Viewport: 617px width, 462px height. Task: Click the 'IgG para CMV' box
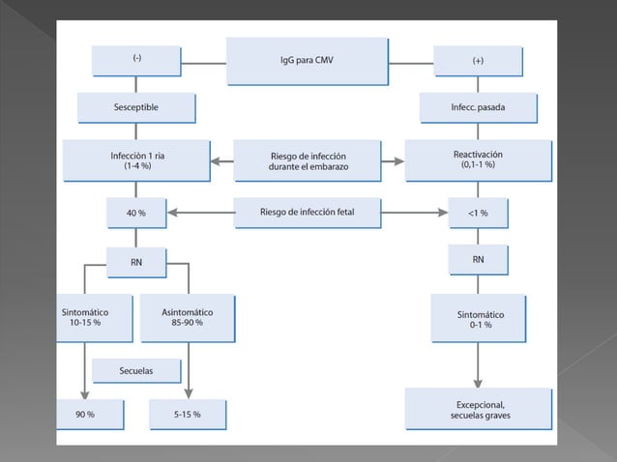302,60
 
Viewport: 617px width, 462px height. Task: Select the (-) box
137,60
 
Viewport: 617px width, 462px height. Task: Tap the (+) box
478,60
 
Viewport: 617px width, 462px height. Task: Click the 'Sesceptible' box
137,107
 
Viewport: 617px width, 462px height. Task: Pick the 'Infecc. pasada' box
478,107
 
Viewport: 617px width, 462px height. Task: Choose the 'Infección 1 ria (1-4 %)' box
137,159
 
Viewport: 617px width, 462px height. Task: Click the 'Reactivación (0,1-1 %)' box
478,159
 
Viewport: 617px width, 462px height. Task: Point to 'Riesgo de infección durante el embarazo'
307,159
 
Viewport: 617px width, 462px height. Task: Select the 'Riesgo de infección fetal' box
307,213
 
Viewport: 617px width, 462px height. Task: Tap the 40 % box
136,213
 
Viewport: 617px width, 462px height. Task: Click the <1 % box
478,213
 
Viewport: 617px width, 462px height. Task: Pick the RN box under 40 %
136,259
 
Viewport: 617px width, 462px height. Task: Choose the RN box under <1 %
478,259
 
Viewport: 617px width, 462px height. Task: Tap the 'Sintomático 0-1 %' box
478,319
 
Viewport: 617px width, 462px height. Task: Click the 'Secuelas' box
136,369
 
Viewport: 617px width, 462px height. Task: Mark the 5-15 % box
188,414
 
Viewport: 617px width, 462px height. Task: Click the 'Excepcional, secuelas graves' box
478,409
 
